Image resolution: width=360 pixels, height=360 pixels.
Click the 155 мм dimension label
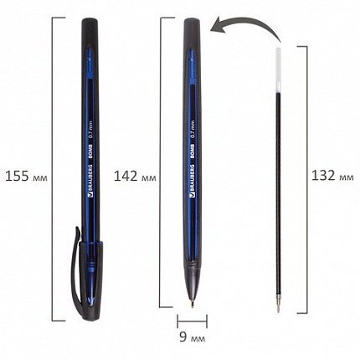(x=26, y=177)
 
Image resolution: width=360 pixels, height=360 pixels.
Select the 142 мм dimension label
(x=135, y=177)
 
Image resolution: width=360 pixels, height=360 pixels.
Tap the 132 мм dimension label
(x=332, y=176)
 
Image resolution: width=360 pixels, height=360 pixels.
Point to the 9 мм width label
(x=193, y=337)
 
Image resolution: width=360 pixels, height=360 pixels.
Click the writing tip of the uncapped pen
(x=193, y=305)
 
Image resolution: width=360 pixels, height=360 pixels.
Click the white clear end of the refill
(x=278, y=69)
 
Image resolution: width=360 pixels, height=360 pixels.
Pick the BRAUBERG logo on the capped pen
(x=90, y=181)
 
